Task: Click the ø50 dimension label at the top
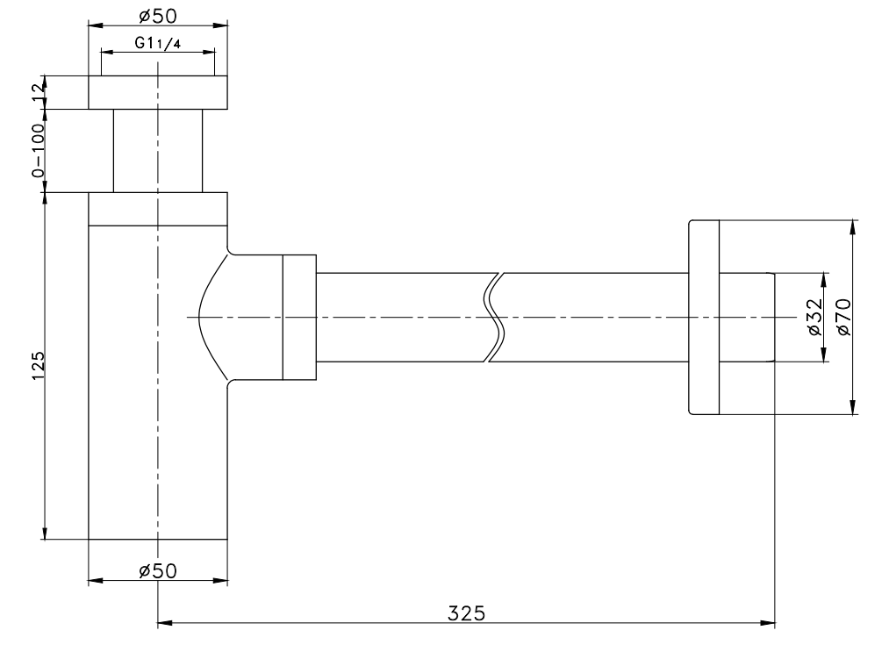158,16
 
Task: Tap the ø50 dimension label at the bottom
158,570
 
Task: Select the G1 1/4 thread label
158,43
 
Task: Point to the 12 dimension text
38,92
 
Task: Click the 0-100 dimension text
38,150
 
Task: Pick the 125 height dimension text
38,366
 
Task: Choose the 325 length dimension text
467,613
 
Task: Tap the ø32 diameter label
814,317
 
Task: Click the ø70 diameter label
843,317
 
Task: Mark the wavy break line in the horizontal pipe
494,317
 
